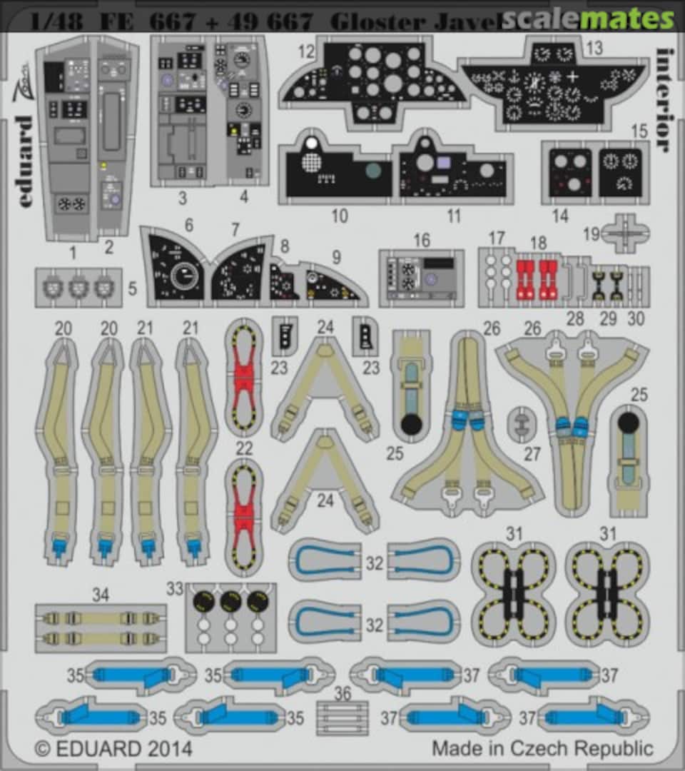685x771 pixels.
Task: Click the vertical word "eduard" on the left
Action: click(x=26, y=161)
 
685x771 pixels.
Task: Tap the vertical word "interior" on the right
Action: click(x=663, y=100)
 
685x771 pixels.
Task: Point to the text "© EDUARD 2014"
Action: click(x=113, y=749)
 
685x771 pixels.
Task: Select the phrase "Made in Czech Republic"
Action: click(x=542, y=749)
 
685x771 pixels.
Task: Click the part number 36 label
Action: click(x=342, y=693)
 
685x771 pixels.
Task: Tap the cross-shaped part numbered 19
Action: click(x=625, y=232)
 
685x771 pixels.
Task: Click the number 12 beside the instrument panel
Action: click(x=307, y=52)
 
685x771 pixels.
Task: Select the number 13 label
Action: click(x=594, y=49)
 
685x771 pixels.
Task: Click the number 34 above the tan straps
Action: click(x=101, y=595)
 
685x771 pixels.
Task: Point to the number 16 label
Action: click(x=422, y=239)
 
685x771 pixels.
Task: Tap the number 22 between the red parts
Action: click(x=244, y=448)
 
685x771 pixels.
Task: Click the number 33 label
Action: click(x=175, y=590)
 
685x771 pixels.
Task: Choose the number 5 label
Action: click(x=132, y=289)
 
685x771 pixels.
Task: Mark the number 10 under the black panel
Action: click(x=340, y=215)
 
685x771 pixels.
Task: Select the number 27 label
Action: click(x=532, y=453)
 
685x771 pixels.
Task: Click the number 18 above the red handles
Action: click(x=538, y=242)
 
